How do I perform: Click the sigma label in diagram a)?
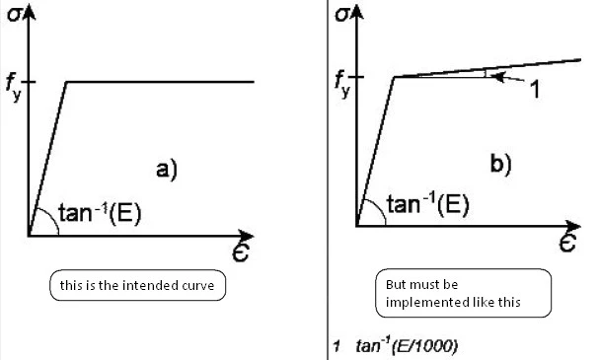click(14, 16)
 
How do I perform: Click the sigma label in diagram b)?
click(341, 15)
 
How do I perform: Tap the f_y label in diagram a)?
click(14, 88)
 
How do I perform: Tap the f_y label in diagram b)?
click(341, 84)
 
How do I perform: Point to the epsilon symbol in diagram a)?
click(241, 251)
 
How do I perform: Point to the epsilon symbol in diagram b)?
click(568, 242)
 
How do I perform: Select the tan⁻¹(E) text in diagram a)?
click(100, 213)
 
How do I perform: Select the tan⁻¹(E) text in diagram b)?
click(428, 203)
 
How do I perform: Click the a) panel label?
click(167, 169)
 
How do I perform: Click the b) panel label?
click(500, 165)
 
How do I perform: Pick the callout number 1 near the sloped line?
click(536, 90)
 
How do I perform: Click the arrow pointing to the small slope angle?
click(507, 78)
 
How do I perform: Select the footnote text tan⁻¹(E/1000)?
click(407, 345)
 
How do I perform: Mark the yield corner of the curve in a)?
click(66, 82)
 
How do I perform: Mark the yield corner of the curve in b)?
click(395, 77)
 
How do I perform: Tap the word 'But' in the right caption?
click(395, 284)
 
